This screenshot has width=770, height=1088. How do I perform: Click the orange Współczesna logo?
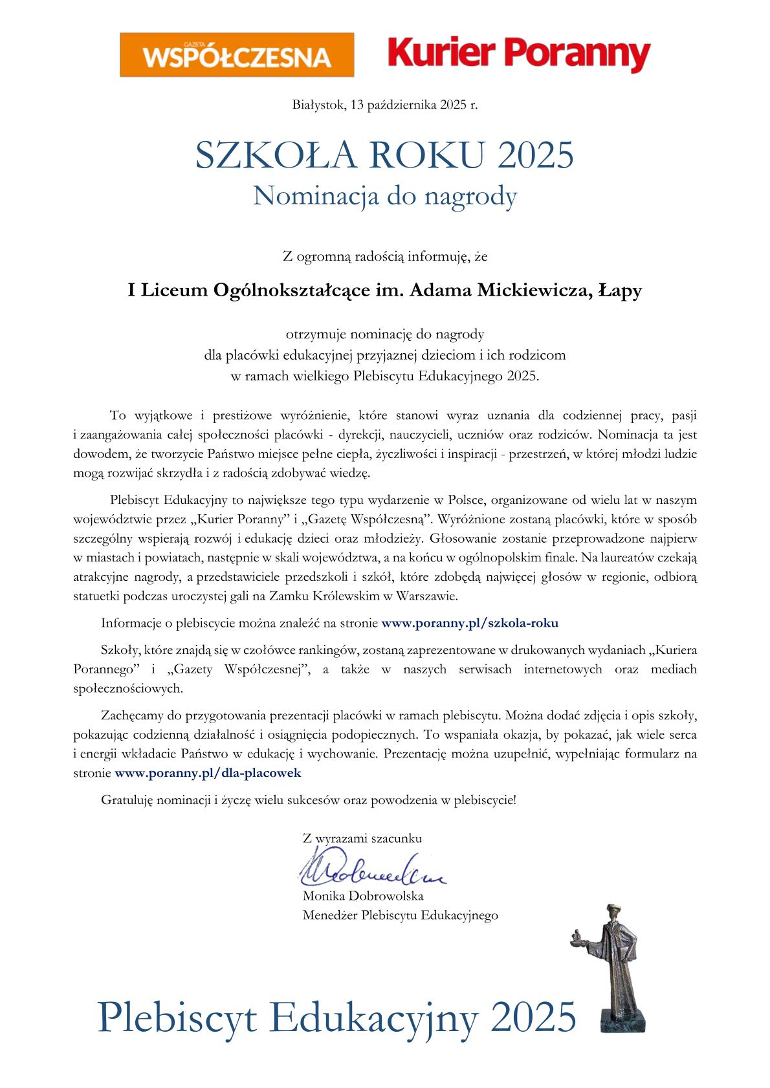[237, 55]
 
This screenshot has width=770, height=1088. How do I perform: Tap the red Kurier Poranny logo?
[518, 54]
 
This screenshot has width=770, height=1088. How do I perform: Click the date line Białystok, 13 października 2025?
[384, 104]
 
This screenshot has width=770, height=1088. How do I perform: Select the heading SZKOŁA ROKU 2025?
[384, 155]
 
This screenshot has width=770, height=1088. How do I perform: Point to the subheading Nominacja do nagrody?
[384, 195]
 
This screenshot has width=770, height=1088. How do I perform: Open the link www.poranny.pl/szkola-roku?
[470, 623]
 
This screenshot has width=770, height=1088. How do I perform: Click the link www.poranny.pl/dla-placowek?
[208, 772]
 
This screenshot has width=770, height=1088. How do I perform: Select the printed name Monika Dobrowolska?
[363, 896]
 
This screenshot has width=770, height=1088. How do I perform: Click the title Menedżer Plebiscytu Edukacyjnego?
[400, 915]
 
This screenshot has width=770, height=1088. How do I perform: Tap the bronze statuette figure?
[615, 964]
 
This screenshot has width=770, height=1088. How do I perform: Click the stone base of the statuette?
[622, 1018]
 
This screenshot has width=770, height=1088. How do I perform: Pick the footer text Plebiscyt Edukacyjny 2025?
[336, 1016]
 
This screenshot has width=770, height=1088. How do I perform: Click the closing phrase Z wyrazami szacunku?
[362, 838]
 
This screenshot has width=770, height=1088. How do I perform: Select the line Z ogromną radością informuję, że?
[384, 257]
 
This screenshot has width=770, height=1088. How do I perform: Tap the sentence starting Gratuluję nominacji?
[309, 800]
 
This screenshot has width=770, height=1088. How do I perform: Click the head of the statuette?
[613, 913]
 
